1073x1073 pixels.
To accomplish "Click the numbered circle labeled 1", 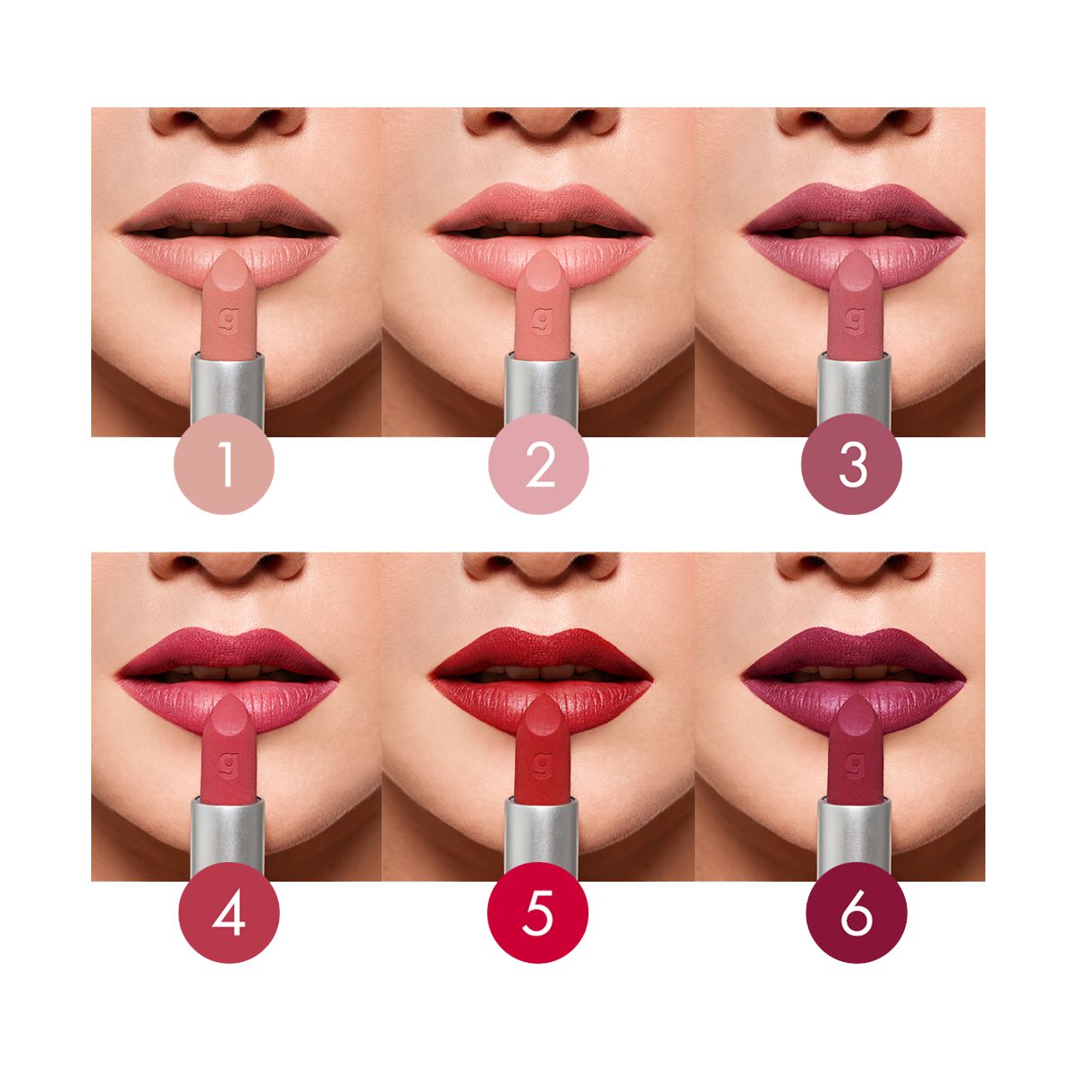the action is [x=224, y=464].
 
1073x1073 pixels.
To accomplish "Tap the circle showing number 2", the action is [x=538, y=464].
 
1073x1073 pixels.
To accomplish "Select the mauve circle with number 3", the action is [x=851, y=464].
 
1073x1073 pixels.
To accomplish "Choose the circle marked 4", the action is [x=229, y=913].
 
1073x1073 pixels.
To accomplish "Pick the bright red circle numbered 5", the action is [x=538, y=913].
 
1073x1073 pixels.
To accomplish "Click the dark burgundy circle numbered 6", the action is [x=857, y=913].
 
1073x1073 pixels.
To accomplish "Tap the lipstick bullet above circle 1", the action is [x=228, y=304].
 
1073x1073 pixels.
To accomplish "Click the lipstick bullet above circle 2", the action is [x=542, y=304].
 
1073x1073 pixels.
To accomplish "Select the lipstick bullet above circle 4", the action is [x=228, y=749].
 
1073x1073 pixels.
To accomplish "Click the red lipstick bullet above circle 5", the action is [x=542, y=749].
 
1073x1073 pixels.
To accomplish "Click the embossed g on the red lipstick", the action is [x=542, y=765].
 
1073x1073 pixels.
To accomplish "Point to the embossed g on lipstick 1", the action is [x=228, y=320].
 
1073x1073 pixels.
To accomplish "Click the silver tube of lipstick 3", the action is [x=855, y=387].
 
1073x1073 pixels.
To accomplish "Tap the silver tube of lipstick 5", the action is [x=541, y=833].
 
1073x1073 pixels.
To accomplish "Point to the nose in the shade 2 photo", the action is [x=540, y=123].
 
